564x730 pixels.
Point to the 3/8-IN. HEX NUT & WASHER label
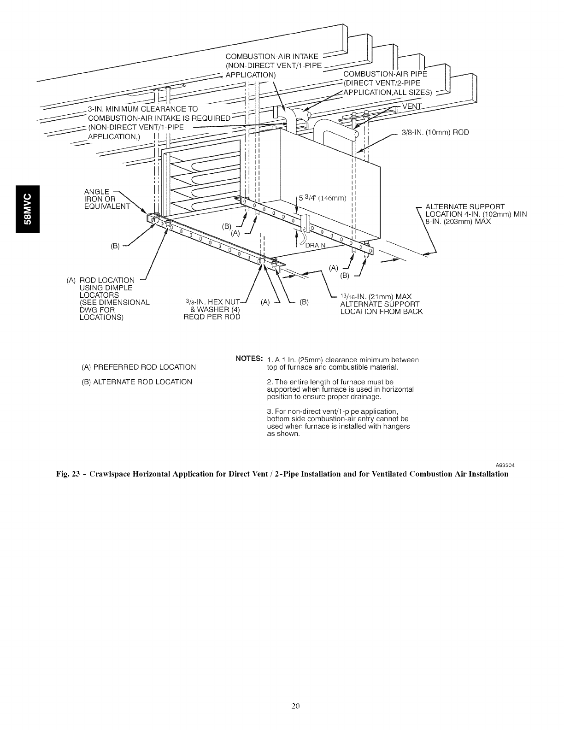[212, 310]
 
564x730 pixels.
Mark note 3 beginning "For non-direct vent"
[338, 422]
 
